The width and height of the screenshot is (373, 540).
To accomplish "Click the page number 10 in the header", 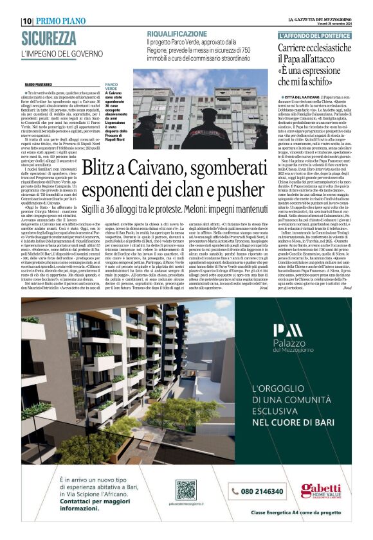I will coord(26,21).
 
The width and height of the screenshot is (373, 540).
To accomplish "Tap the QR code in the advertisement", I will coord(185,490).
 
